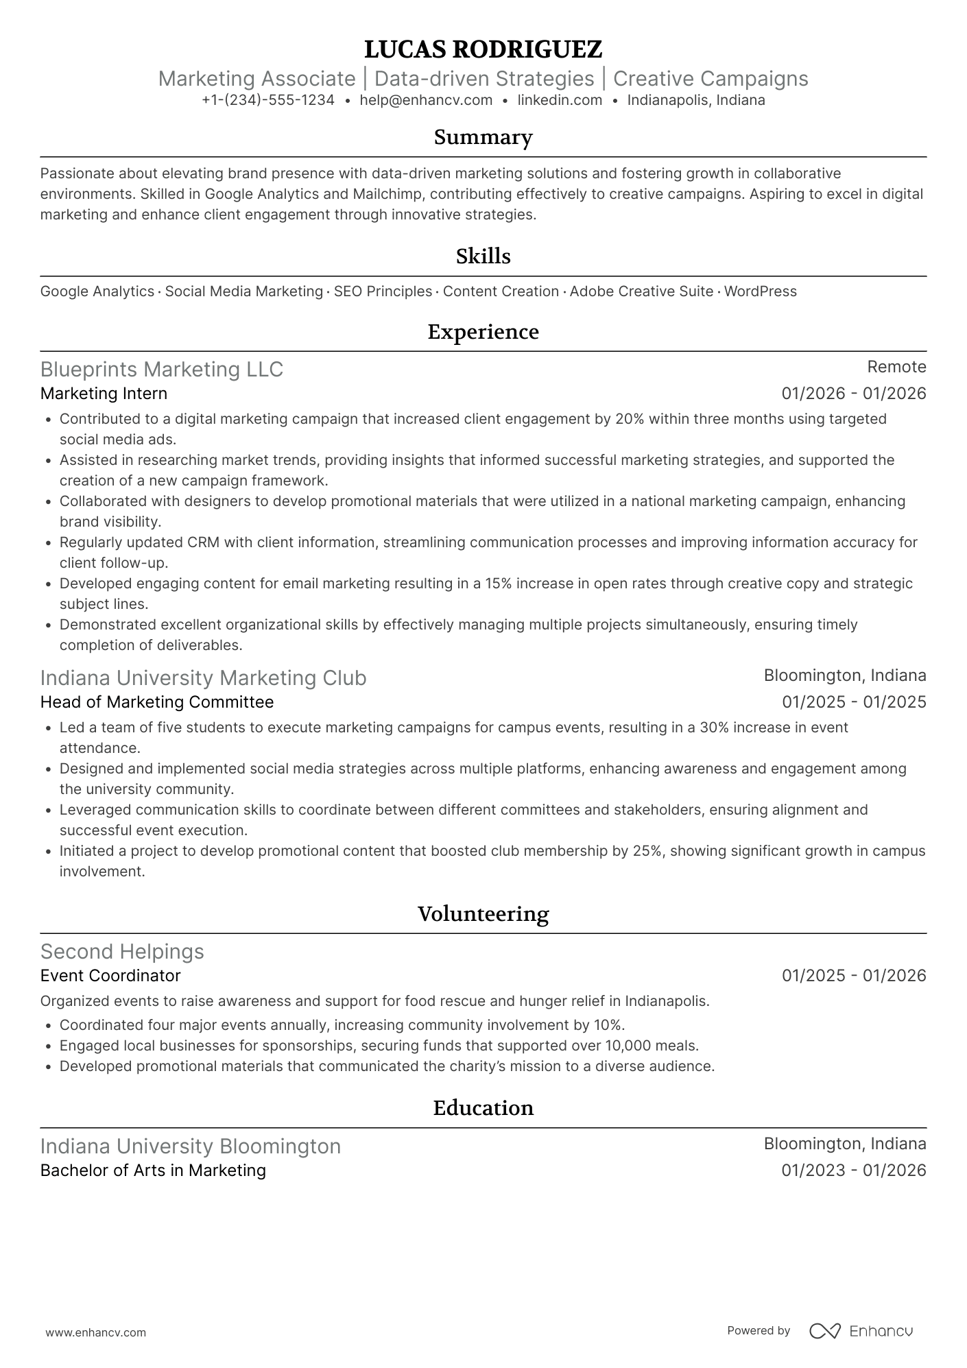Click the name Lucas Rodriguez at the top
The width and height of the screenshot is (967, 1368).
[483, 49]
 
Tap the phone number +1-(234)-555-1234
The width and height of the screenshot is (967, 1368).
[268, 100]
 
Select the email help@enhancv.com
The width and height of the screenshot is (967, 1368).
[426, 100]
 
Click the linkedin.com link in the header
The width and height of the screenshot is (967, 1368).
[560, 100]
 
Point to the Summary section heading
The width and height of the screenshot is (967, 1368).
[483, 137]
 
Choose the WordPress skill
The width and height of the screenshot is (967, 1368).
[760, 291]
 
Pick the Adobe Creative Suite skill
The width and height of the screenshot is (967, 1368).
[641, 291]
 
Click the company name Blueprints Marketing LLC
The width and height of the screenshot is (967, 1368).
[162, 370]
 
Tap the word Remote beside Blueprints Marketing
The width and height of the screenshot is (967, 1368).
[896, 367]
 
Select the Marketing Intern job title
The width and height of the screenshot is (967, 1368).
[104, 394]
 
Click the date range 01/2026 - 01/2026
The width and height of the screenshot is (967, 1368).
[854, 394]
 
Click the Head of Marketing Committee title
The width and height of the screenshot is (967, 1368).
[157, 702]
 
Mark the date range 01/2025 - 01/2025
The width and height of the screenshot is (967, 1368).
[854, 702]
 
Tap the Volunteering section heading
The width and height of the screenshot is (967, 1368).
[483, 914]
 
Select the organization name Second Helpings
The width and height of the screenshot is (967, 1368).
[122, 952]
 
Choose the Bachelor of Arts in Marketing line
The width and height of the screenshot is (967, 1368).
[153, 1171]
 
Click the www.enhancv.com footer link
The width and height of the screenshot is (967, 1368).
[96, 1332]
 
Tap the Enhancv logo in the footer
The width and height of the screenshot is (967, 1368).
[861, 1331]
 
